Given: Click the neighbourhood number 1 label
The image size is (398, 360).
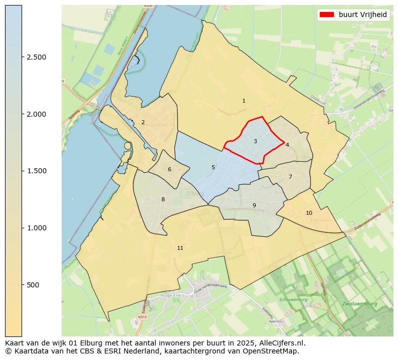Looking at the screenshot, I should pos(244,101).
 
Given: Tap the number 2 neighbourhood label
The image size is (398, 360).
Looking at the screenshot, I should pos(143,122).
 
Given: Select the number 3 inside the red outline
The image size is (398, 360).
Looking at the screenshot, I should pos(255,142).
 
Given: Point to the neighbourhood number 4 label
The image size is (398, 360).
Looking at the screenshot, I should pos(287,145).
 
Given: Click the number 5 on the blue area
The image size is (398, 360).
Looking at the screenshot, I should pos(213,167).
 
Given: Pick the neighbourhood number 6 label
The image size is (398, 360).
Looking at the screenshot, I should pos(169,169).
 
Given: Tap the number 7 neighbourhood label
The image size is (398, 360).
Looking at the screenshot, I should pos(290,177).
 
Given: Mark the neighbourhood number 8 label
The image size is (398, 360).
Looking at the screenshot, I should pos(163,199).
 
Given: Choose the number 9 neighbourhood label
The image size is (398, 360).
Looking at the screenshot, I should pos(254,205).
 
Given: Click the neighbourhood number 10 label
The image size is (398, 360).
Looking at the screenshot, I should pos(309,213).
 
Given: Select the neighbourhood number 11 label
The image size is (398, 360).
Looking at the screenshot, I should pos(180,248).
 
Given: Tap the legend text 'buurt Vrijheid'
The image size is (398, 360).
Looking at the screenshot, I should pos(362,15).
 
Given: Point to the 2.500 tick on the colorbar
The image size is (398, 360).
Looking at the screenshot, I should pos(37,57).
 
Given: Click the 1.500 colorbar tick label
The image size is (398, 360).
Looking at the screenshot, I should pos(37,171).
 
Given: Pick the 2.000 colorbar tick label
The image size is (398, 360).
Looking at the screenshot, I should pos(37,114).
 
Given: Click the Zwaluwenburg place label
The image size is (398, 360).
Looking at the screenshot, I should pos(359,304).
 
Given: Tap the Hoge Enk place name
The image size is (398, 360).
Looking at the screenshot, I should pos(166,295).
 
